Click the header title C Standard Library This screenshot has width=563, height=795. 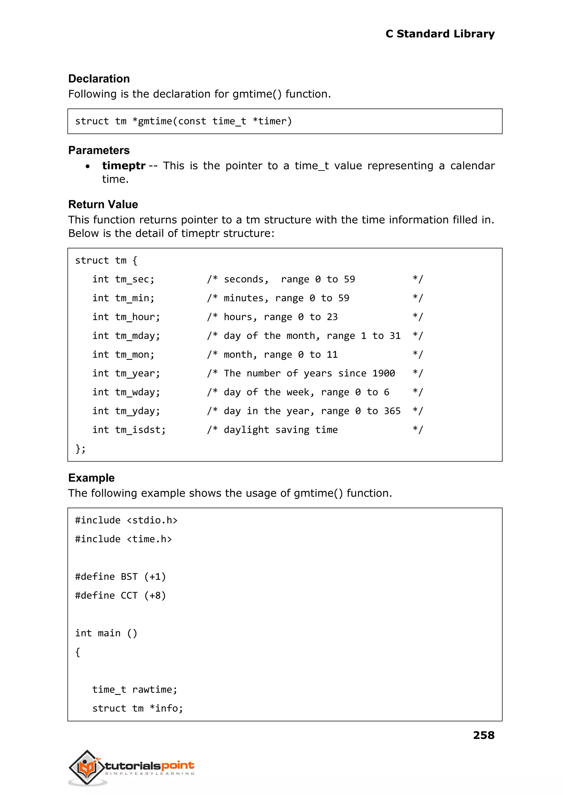(440, 34)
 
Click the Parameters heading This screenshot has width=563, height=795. (99, 150)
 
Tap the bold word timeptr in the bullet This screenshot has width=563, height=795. (123, 166)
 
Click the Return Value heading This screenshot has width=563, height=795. (103, 204)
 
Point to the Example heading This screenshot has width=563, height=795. (91, 478)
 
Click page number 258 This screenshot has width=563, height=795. (483, 735)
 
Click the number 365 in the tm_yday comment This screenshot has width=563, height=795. (392, 411)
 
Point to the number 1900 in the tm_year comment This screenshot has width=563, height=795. (383, 373)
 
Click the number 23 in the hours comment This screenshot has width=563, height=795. (332, 317)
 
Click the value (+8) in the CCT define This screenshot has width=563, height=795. (155, 596)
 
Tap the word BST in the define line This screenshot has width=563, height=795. (129, 577)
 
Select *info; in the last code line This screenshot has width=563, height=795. (166, 708)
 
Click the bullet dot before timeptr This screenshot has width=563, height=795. (88, 167)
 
